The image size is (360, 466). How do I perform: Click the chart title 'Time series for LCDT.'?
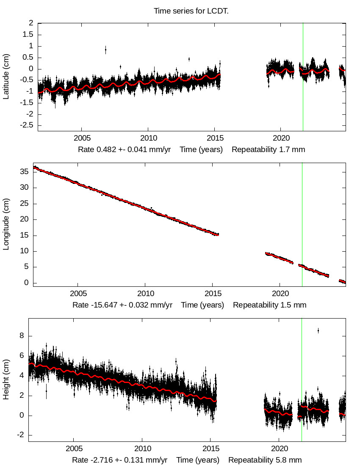[191, 11]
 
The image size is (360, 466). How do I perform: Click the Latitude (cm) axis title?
[6, 77]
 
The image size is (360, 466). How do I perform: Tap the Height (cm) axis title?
[6, 380]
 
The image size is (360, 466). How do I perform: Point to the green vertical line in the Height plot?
[302, 381]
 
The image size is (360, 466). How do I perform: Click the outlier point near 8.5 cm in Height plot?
[318, 330]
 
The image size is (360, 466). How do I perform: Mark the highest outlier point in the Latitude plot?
[105, 50]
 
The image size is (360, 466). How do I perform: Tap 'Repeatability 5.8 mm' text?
[265, 460]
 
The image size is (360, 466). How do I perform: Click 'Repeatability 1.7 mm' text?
[269, 150]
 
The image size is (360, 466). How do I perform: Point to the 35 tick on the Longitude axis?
[24, 172]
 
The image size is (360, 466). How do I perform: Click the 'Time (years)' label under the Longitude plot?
[202, 305]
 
